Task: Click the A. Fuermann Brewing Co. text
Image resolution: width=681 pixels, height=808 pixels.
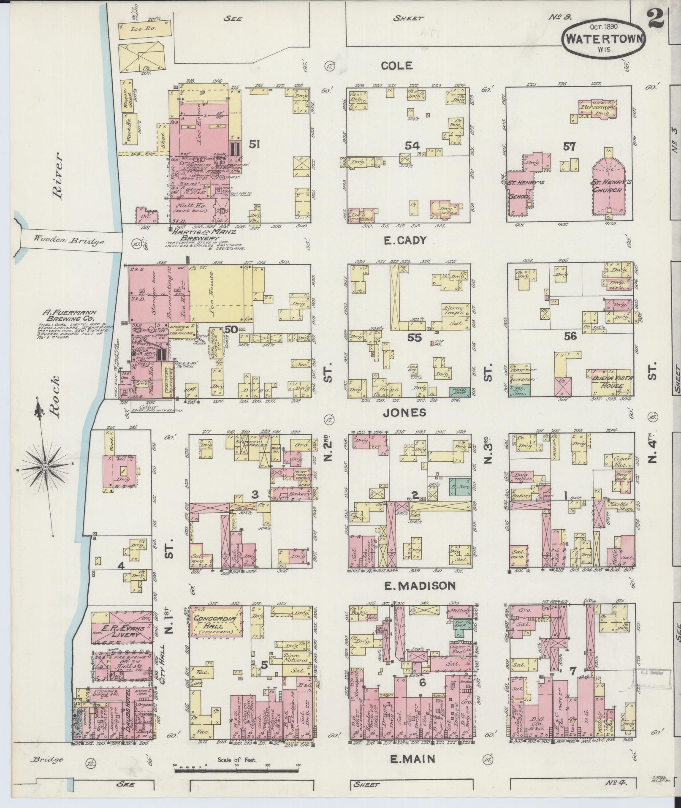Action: click(x=69, y=316)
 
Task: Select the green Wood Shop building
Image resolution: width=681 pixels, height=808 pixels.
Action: click(x=459, y=391)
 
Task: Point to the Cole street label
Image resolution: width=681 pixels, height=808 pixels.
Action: click(x=396, y=65)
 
